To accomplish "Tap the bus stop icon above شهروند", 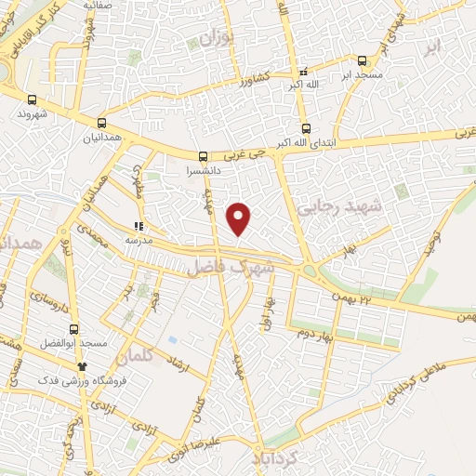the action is click(x=33, y=99).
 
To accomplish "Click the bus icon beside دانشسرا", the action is click(x=204, y=156).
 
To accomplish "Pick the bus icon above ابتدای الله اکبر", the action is click(x=307, y=129).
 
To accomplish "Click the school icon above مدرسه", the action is click(x=139, y=226).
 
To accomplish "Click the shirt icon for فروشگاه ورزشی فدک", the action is click(x=82, y=365).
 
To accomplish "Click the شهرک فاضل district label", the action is click(x=231, y=268).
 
